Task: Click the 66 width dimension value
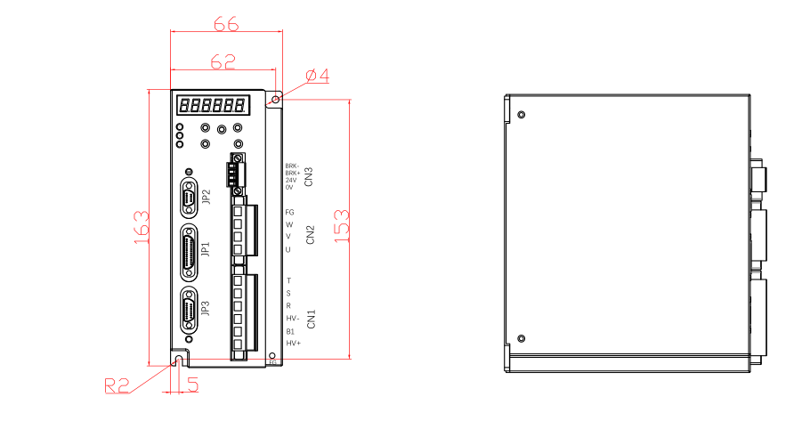(x=226, y=24)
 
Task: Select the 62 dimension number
(x=223, y=61)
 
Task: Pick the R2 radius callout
(x=117, y=385)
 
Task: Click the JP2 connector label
(x=207, y=197)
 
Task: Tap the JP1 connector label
(x=206, y=248)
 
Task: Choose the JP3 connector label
(x=206, y=309)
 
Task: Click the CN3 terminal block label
(x=309, y=176)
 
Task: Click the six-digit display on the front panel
(x=213, y=105)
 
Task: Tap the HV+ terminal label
(x=293, y=344)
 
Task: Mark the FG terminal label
(x=289, y=213)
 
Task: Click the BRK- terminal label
(x=292, y=166)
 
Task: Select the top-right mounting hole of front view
(x=275, y=99)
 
